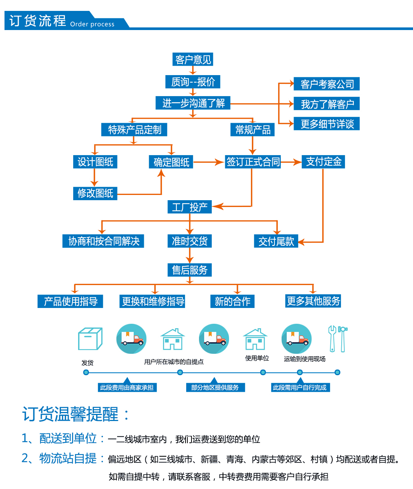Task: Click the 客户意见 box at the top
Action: point(193,59)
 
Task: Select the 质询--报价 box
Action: point(193,81)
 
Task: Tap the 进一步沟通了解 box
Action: point(193,103)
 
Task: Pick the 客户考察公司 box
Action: point(327,84)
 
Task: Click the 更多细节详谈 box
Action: point(327,124)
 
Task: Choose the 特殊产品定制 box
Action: point(134,130)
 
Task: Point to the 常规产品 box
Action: point(253,130)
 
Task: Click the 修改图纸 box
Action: point(95,193)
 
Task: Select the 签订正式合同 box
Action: point(253,162)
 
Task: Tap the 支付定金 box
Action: point(323,162)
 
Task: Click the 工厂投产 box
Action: point(190,207)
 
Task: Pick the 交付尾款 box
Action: point(276,241)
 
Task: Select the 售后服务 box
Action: point(190,270)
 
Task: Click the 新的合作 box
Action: point(232,301)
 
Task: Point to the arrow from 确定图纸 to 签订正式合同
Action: point(208,162)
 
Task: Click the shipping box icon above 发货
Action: point(90,339)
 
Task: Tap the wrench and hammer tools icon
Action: point(338,339)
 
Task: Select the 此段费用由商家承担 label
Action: point(127,388)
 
